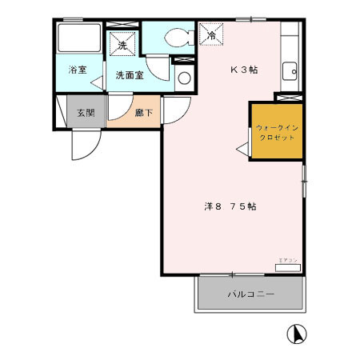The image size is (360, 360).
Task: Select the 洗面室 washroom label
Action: tap(128, 75)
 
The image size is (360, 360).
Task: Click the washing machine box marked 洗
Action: tap(122, 44)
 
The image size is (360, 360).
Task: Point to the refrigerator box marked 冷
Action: tap(211, 34)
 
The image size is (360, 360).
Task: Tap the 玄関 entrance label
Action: tap(86, 113)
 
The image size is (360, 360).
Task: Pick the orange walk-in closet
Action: tap(276, 131)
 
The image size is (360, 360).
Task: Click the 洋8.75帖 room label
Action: tap(230, 206)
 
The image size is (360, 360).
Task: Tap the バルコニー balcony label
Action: tap(250, 294)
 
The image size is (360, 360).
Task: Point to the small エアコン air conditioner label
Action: tap(288, 262)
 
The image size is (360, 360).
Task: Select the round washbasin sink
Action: tap(183, 78)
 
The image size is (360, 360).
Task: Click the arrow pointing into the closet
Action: tap(240, 146)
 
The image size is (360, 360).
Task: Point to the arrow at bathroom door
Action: tap(95, 82)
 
